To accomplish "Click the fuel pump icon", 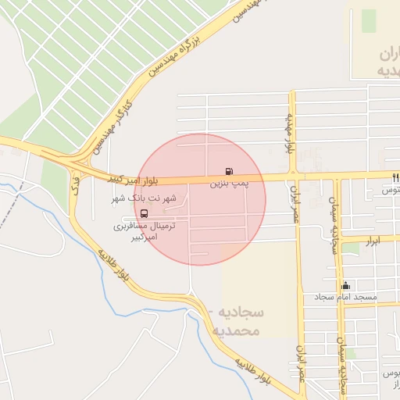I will [228, 170].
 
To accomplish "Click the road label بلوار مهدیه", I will [290, 133].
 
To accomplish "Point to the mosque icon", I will [345, 285].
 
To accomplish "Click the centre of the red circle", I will [200, 199].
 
